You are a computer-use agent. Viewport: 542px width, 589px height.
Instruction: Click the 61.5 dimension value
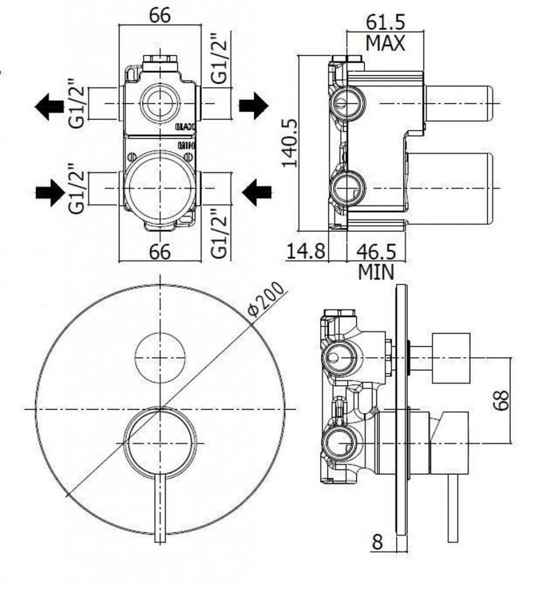tap(386, 22)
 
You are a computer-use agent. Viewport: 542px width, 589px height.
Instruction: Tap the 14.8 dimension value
tap(306, 251)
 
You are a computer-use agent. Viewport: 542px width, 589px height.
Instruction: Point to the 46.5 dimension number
tap(376, 251)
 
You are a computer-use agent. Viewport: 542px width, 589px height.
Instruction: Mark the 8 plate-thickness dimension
tap(377, 542)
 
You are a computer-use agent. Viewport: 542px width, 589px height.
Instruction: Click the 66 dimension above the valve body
tap(160, 16)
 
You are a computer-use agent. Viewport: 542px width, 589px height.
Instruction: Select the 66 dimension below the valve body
tap(160, 251)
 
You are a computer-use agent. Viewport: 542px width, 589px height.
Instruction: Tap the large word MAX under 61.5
tap(386, 43)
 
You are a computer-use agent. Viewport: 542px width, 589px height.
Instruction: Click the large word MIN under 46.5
tap(376, 271)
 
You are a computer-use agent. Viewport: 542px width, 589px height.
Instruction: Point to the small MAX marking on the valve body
tap(186, 127)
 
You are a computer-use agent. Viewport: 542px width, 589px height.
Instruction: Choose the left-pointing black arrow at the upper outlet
tap(49, 106)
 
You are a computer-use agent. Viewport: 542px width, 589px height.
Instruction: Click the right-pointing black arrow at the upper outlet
tap(253, 105)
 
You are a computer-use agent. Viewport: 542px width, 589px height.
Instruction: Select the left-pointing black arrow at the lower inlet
tap(257, 192)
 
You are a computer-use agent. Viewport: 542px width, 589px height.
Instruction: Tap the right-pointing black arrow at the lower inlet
tap(51, 193)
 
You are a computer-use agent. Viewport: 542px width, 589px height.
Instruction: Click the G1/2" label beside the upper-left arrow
tap(76, 104)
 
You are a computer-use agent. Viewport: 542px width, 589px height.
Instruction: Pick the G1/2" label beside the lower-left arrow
tap(76, 188)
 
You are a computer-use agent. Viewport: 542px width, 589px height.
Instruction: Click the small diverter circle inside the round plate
tap(160, 357)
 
